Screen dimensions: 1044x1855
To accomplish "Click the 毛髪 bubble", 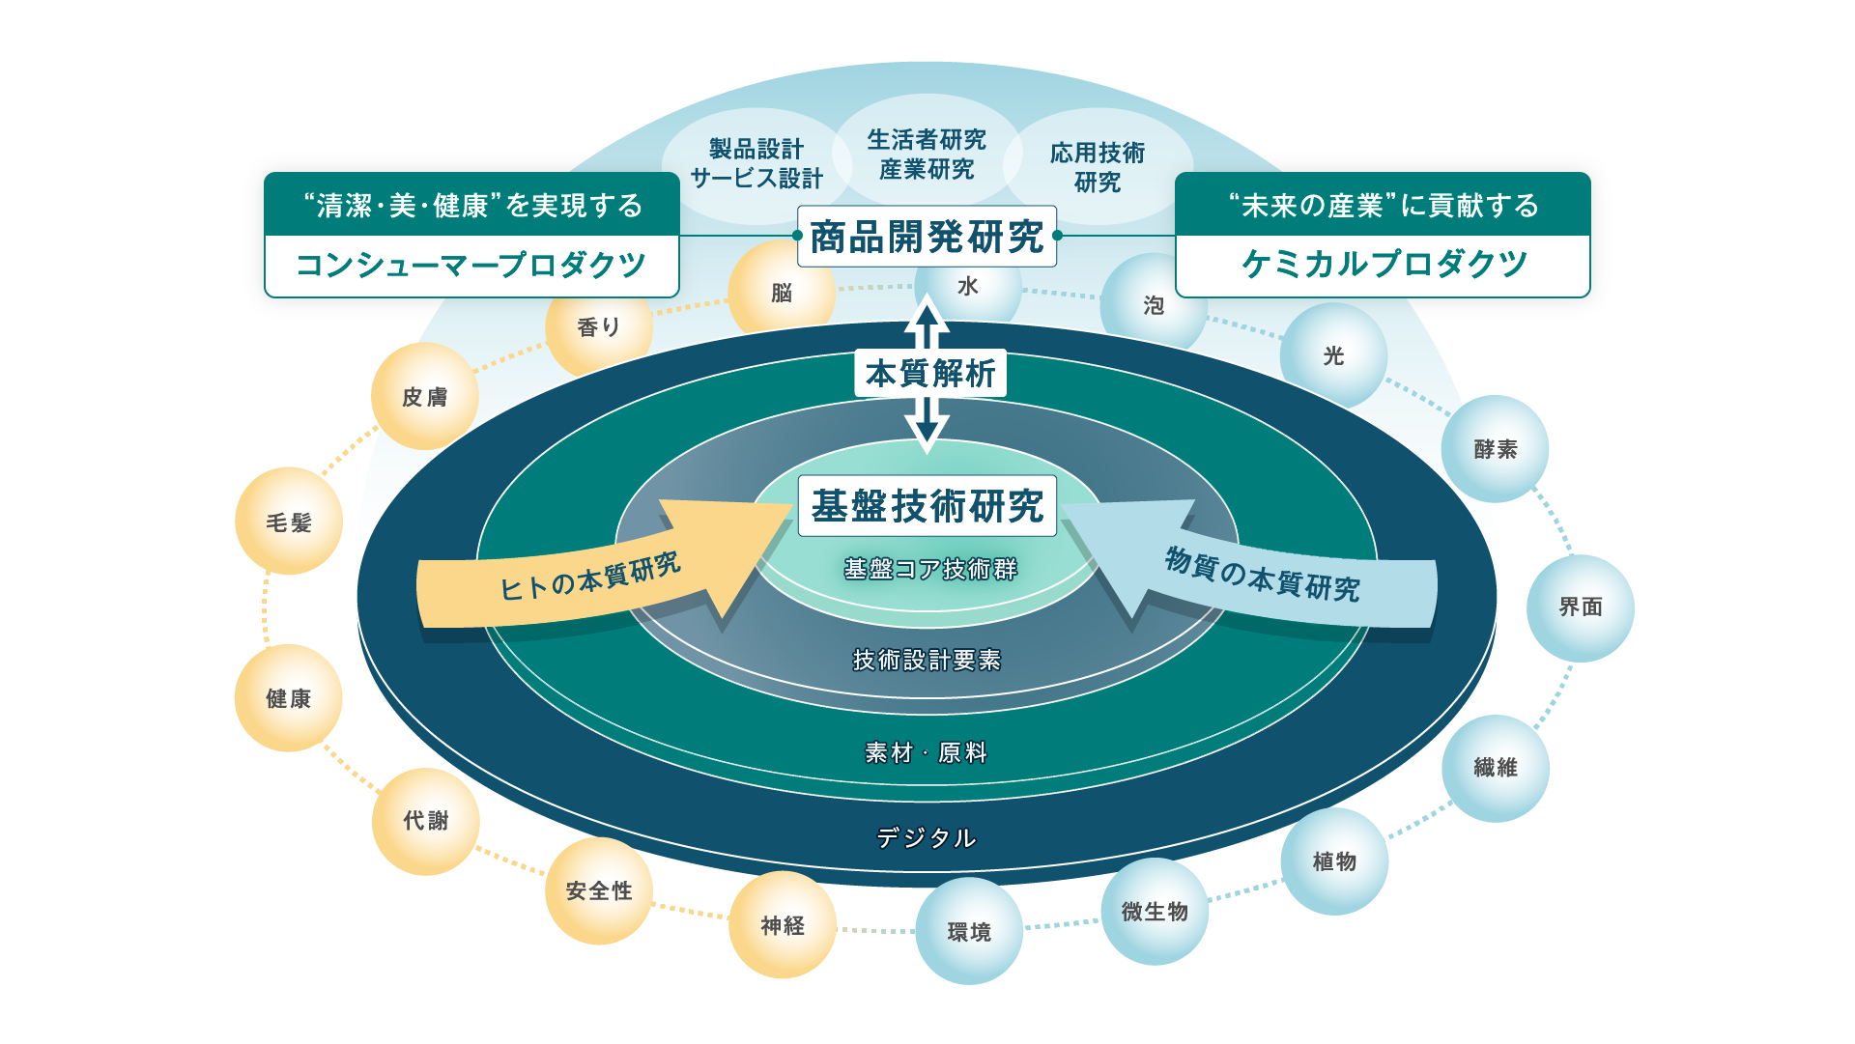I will pyautogui.click(x=289, y=522).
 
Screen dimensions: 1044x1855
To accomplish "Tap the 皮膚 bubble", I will pyautogui.click(x=425, y=396).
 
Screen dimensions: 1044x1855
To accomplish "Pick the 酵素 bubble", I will pyautogui.click(x=1495, y=448).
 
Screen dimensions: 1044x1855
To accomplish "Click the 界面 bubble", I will pyautogui.click(x=1580, y=607).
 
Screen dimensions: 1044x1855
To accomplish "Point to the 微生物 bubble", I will pyautogui.click(x=1155, y=911).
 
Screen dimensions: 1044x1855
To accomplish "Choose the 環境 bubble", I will pyautogui.click(x=969, y=931).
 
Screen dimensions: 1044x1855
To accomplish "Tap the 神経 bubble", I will pyautogui.click(x=783, y=925).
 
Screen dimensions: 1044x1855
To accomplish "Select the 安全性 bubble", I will pyautogui.click(x=599, y=890).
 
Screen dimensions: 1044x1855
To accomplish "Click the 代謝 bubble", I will pyautogui.click(x=426, y=821).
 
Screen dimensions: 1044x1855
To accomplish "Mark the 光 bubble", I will pyautogui.click(x=1333, y=355).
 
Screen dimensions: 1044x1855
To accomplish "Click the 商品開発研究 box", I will pyautogui.click(x=927, y=237).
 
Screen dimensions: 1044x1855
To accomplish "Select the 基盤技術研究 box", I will pyautogui.click(x=927, y=506).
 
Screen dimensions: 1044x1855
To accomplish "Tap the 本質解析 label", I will pyautogui.click(x=929, y=373).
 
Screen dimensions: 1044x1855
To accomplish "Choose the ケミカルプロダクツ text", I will pyautogui.click(x=1384, y=264).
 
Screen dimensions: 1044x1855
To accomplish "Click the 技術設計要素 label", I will pyautogui.click(x=927, y=660).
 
